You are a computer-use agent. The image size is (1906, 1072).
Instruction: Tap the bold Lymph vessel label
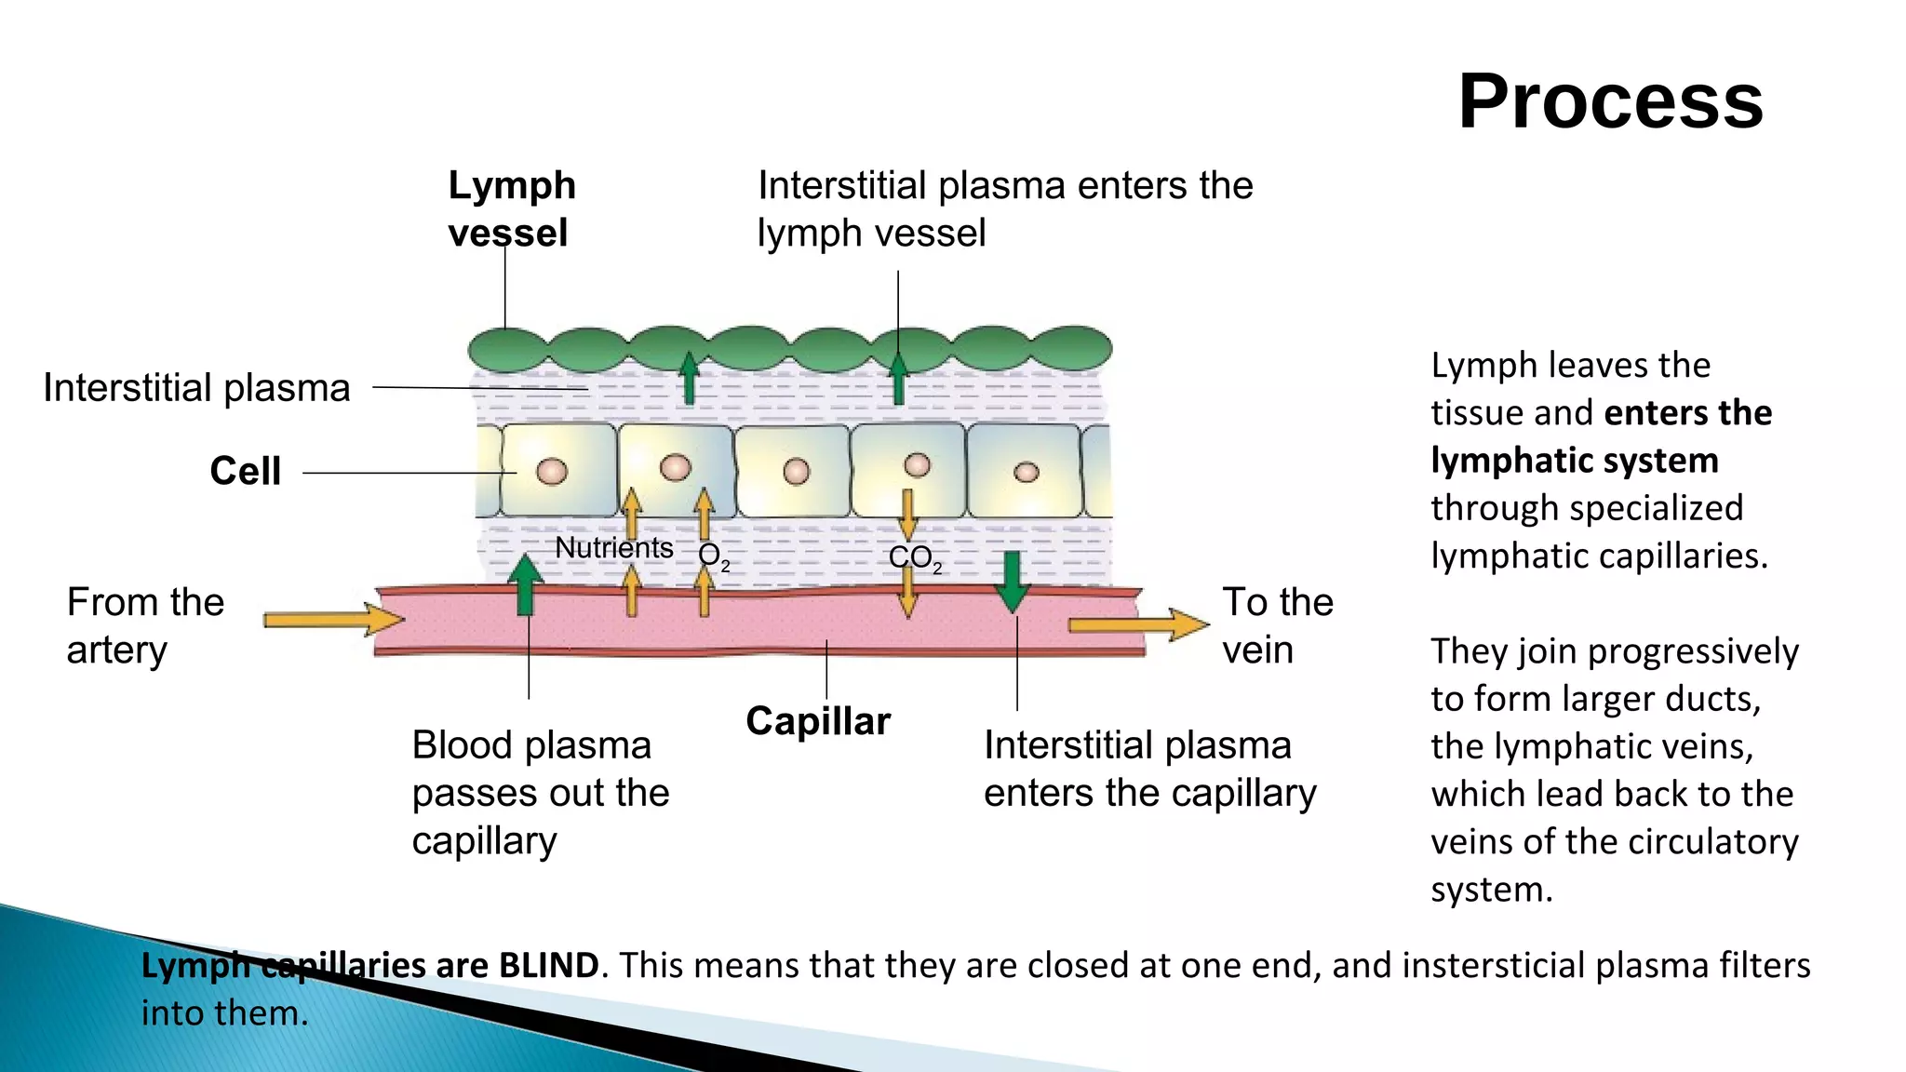511,208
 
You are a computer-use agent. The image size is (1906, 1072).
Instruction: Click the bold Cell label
245,471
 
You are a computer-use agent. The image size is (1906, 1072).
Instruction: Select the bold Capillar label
817,721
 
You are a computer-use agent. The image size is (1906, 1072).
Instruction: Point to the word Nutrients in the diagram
613,547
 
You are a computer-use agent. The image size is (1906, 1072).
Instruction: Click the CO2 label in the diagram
914,557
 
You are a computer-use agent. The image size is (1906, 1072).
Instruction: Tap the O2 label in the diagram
712,556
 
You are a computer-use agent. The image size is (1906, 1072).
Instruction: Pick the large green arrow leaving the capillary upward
525,584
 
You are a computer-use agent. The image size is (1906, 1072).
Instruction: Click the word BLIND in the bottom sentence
548,965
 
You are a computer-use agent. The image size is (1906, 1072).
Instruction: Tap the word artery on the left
117,650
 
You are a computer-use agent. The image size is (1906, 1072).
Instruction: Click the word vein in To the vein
1257,650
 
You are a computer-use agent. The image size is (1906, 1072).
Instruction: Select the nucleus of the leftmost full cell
551,471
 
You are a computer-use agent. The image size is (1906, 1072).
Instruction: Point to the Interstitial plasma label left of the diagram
196,387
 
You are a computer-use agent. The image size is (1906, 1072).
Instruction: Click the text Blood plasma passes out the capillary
540,793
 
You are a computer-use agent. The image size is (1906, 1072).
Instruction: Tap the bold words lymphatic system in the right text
1574,461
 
